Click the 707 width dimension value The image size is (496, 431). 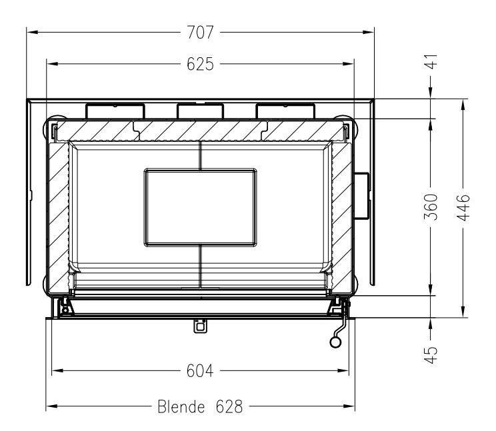(200, 32)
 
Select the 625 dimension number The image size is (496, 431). (200, 64)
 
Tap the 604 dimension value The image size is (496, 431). (200, 370)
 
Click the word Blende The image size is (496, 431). (181, 406)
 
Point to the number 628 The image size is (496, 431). (229, 406)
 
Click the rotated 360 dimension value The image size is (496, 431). (431, 207)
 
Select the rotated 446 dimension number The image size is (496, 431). (463, 207)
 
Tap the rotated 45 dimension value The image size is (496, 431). (431, 355)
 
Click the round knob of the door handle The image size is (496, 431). (335, 342)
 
